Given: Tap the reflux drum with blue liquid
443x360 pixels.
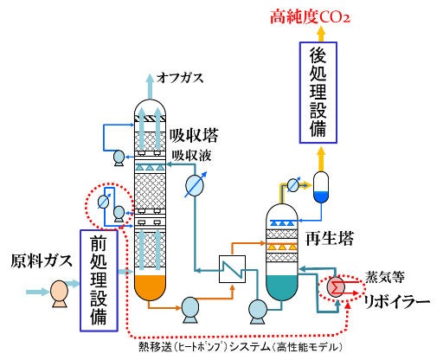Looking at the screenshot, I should [320, 188].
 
